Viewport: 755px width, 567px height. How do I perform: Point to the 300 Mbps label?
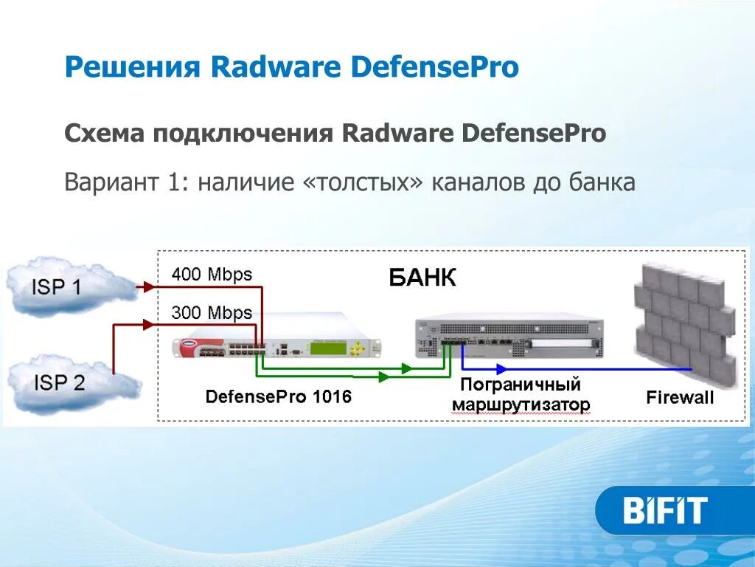pos(212,313)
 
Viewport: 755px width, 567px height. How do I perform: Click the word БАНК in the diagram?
pos(422,278)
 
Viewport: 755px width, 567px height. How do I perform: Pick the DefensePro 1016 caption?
pos(278,397)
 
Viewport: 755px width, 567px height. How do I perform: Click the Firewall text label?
pos(680,398)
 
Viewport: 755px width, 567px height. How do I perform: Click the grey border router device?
pos(509,338)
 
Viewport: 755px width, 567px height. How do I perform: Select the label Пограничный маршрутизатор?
pos(521,395)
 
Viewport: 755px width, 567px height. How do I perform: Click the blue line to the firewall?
pos(575,368)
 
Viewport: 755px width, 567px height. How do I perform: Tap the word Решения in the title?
pos(133,68)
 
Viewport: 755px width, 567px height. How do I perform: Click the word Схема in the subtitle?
pos(105,134)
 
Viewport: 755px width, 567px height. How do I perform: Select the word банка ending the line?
pos(602,182)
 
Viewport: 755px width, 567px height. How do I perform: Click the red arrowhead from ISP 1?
pos(150,286)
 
